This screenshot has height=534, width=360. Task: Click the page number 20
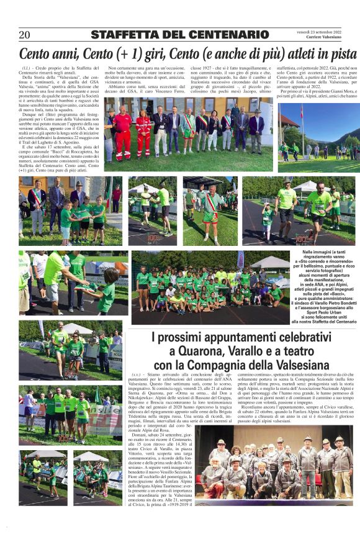(x=25, y=35)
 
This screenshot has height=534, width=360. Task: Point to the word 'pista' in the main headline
(x=340, y=53)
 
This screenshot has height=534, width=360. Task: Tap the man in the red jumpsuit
(x=122, y=131)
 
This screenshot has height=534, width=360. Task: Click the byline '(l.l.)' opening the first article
(x=26, y=67)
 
